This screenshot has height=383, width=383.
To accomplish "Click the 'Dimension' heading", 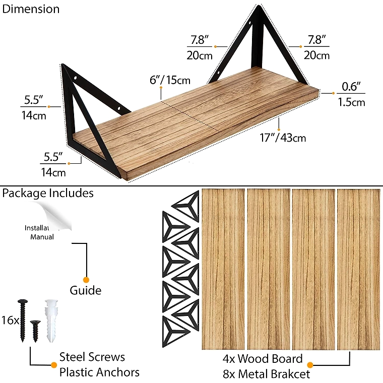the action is tap(31, 9).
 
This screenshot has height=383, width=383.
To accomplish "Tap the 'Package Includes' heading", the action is tap(48, 193).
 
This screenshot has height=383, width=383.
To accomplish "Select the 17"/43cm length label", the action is tap(283, 138).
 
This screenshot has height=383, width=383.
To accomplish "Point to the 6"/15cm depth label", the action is tap(170, 80).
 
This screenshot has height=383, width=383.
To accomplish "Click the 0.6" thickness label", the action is tap(351, 86).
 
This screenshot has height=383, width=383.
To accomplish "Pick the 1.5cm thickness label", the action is tap(351, 102).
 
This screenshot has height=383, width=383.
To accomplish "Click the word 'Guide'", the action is tap(86, 290).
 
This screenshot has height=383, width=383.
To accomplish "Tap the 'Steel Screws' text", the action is tap(92, 357).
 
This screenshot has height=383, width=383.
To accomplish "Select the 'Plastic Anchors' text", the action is tap(99, 372).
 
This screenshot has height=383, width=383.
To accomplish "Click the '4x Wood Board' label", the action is tap(263, 359).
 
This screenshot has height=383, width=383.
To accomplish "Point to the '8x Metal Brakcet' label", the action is tap(266, 374).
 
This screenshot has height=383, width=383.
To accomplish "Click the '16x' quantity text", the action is tap(10, 320).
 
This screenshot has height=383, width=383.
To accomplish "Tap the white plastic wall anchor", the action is tap(51, 321).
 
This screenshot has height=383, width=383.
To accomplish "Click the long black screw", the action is tap(23, 320).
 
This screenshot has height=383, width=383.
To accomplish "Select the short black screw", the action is tap(35, 331).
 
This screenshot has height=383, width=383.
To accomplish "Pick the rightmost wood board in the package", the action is tap(359, 269).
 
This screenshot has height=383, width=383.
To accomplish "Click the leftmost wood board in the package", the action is tap(223, 269).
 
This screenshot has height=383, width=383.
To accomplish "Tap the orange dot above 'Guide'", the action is tap(86, 280).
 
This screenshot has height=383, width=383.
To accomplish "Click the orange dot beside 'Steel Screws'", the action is tap(54, 365).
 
